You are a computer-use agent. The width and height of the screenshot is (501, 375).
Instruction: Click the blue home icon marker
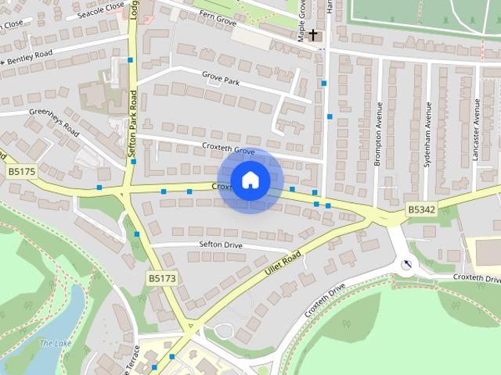click(250, 180)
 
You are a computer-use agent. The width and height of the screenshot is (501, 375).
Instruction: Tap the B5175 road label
click(23, 171)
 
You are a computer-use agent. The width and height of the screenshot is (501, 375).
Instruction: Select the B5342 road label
click(421, 209)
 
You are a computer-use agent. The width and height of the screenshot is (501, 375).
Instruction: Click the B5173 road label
click(162, 277)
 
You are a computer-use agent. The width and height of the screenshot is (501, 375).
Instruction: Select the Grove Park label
click(220, 80)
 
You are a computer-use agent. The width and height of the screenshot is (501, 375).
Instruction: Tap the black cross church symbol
click(313, 34)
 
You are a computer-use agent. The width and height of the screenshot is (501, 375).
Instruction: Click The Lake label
click(55, 344)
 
